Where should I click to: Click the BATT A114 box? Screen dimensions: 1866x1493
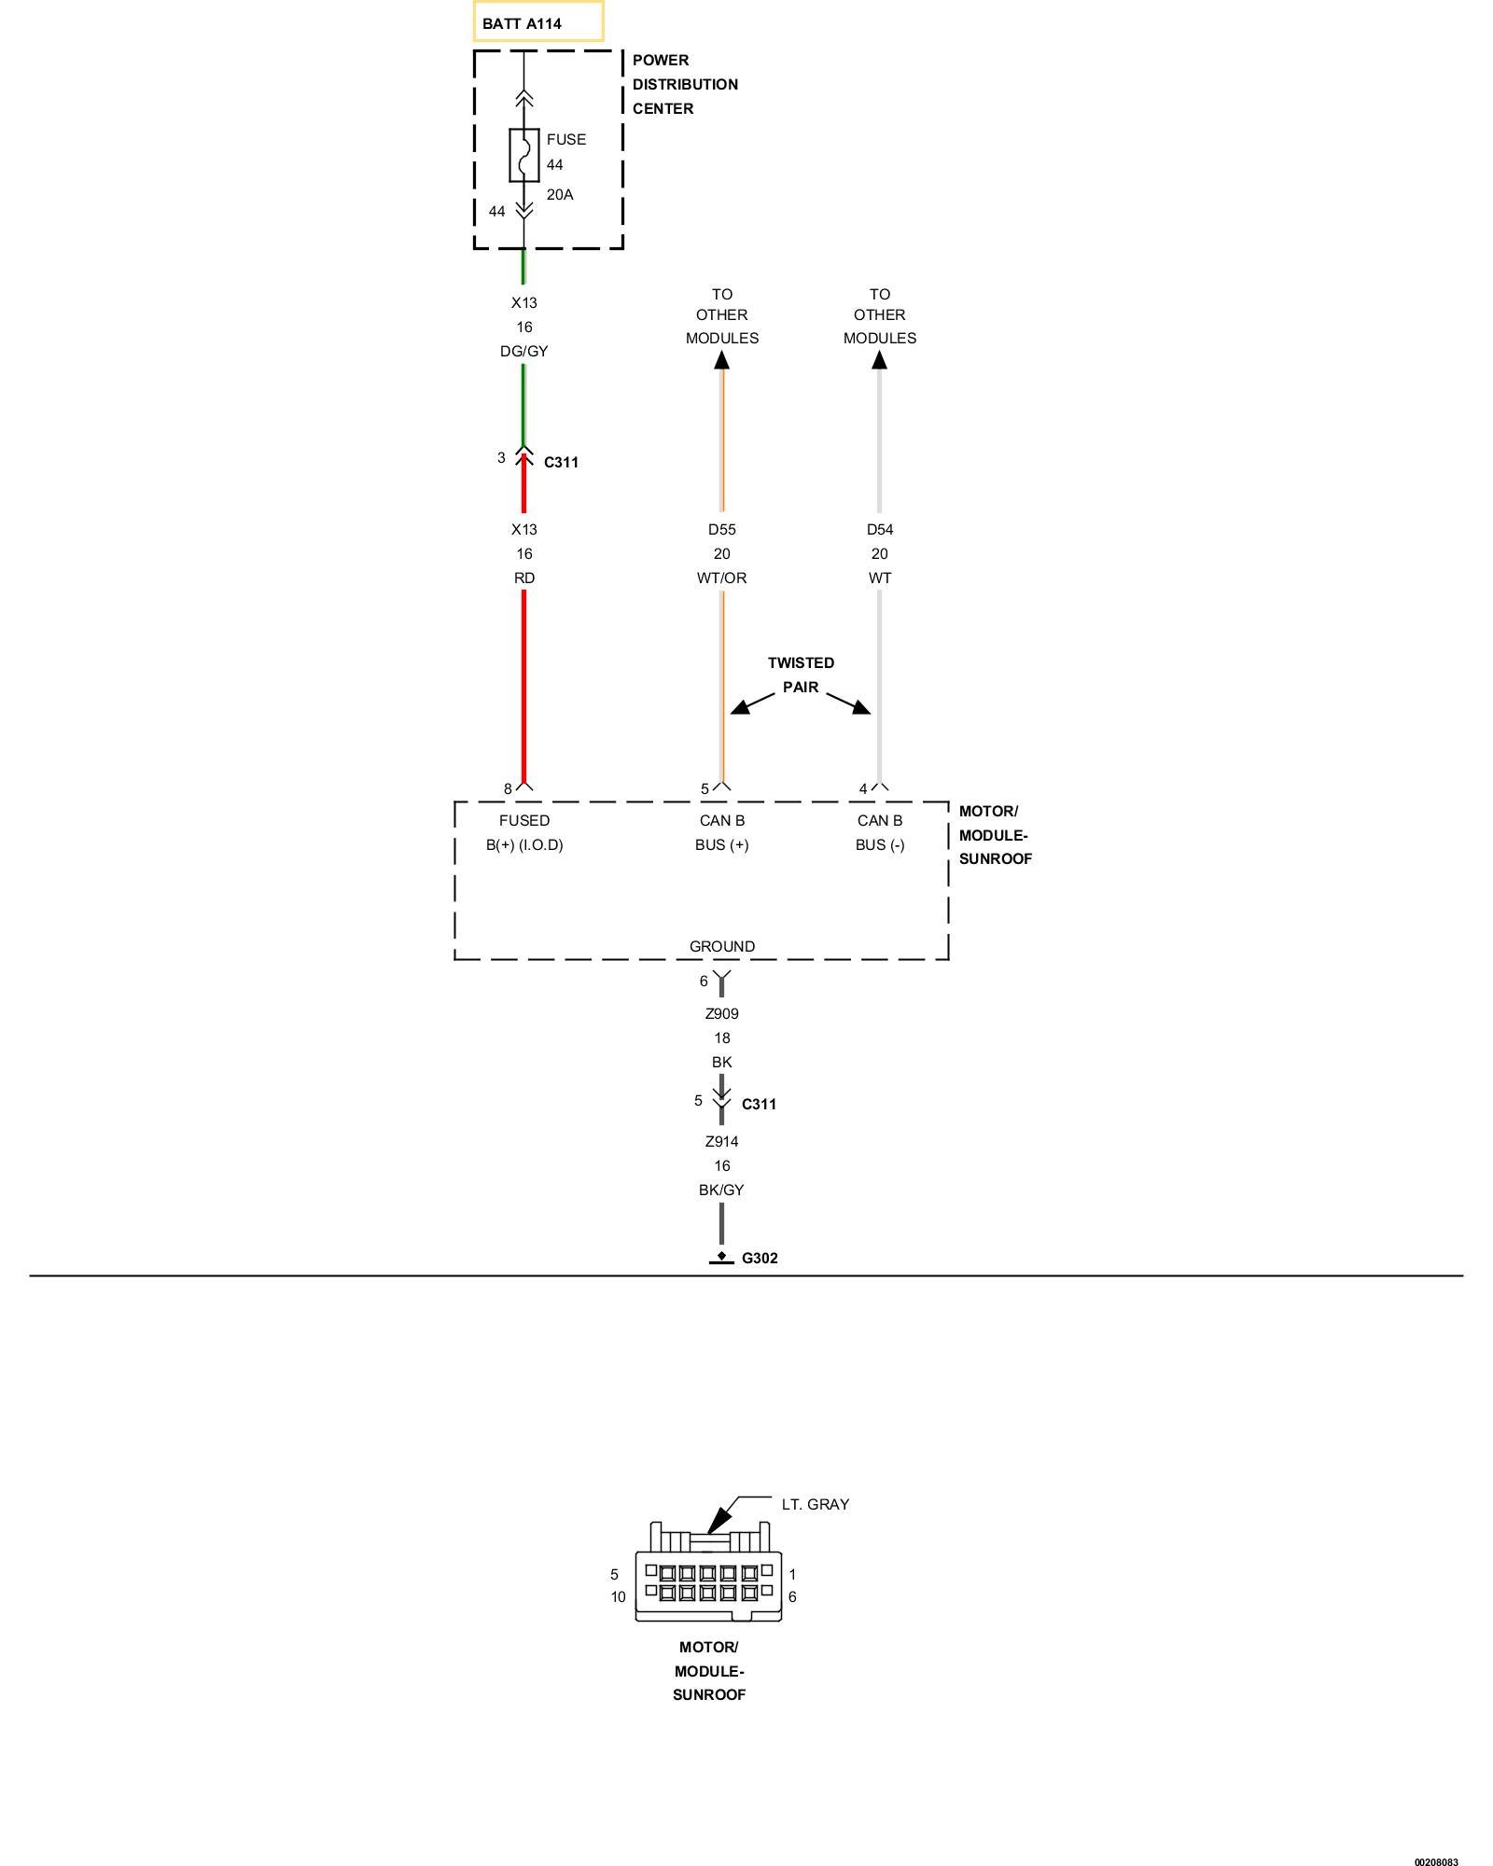[537, 22]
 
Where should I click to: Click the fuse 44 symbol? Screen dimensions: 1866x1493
[524, 155]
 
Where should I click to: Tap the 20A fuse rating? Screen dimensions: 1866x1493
[560, 195]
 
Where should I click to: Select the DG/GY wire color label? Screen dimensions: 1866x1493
[524, 352]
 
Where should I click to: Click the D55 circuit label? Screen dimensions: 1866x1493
[721, 530]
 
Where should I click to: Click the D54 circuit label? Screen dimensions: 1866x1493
[879, 530]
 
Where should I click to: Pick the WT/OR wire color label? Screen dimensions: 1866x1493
[721, 578]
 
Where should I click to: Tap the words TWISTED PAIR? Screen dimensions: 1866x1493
[801, 675]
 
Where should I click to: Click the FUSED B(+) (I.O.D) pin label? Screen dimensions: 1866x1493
[524, 833]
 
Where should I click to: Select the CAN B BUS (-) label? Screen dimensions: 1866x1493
[879, 833]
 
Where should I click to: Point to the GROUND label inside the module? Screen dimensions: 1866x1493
[721, 946]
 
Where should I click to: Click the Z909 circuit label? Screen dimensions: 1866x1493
[721, 1014]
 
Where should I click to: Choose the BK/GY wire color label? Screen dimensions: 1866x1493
[721, 1191]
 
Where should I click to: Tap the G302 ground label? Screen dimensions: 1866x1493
[760, 1258]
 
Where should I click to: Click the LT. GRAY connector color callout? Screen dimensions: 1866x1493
[815, 1504]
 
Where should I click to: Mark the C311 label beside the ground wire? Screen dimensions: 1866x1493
[759, 1105]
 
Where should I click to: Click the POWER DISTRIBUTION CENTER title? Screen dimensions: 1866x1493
[685, 84]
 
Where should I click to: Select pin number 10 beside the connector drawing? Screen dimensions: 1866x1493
[618, 1597]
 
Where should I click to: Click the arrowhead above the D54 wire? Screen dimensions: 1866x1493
[879, 359]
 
